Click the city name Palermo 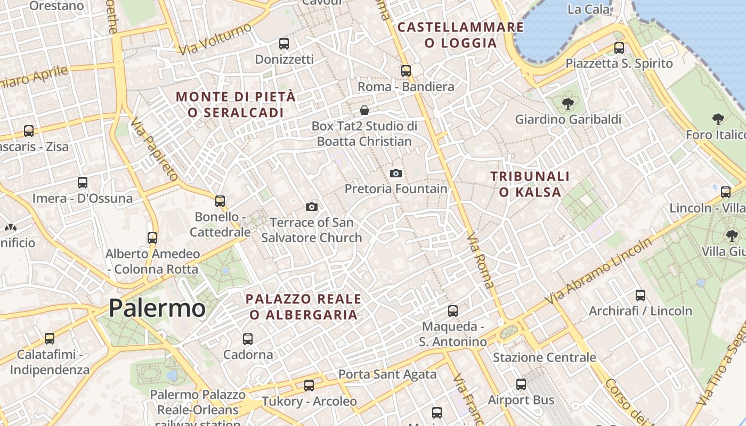[157, 308]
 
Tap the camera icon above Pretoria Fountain [395, 173]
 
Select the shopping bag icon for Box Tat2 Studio [364, 110]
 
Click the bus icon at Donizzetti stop [284, 43]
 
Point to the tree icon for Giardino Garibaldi [568, 103]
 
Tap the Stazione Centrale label [544, 357]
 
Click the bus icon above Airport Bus [521, 384]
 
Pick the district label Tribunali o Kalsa [530, 184]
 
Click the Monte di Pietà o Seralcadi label [236, 104]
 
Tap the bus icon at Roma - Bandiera [406, 70]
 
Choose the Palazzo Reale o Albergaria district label [303, 306]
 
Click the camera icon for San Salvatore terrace [312, 207]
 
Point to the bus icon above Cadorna [248, 339]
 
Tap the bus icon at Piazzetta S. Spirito [619, 48]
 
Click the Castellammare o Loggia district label [461, 35]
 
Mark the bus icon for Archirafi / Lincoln [640, 295]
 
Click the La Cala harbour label [589, 9]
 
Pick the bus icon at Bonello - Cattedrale [220, 201]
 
